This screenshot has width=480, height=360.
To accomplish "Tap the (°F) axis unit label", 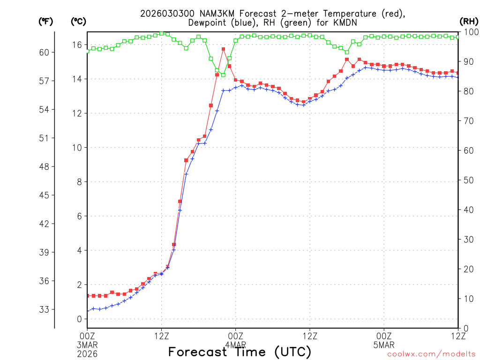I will coord(46,21).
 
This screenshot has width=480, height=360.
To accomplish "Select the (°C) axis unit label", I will coord(79,21).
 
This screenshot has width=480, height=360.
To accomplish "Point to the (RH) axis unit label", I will coord(469,21).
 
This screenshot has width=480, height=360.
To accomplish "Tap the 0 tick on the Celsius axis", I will coord(79,319).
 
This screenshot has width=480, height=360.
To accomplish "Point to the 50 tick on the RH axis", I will coord(469,180).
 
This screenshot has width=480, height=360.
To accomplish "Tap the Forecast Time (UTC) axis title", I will coord(240,352).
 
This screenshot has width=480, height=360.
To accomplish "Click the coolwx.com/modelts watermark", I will coord(431,354).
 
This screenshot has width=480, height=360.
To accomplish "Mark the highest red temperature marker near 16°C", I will coord(223,49).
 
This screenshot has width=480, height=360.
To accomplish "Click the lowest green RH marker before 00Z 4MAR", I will coord(223,75).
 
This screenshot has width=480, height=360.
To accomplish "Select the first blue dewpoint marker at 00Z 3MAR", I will coord(88,311).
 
